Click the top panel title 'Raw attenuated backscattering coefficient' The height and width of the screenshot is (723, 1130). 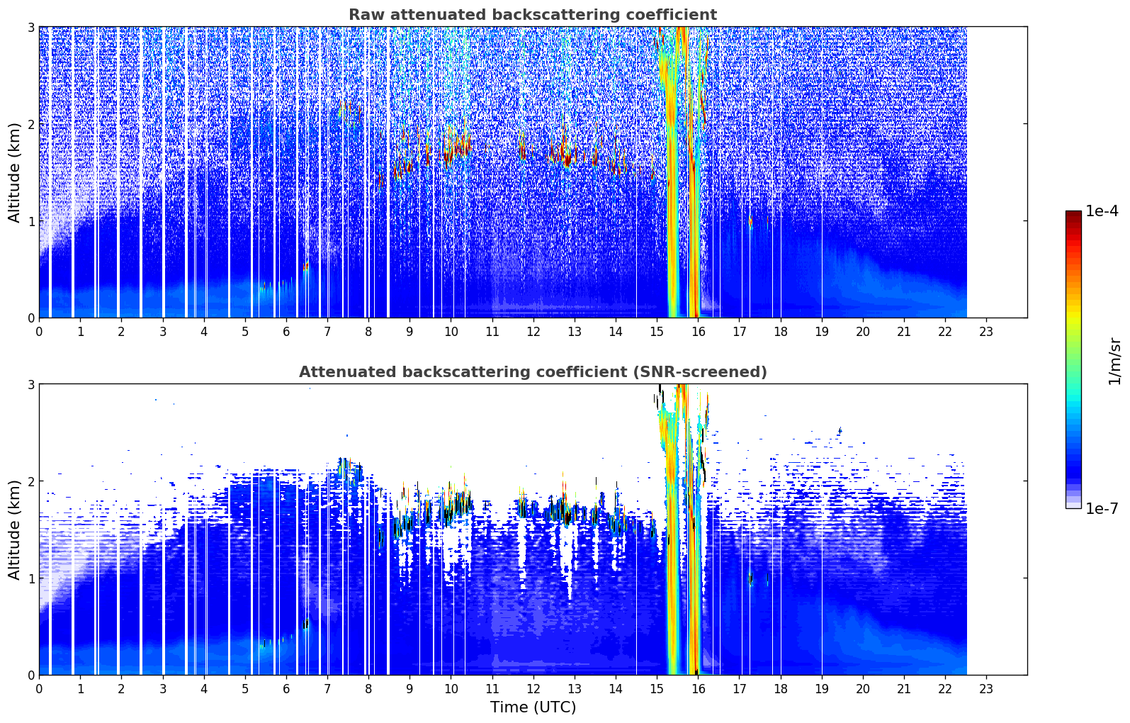[533, 15]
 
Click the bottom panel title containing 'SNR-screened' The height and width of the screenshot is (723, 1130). [533, 372]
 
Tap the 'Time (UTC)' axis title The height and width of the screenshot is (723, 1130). [533, 707]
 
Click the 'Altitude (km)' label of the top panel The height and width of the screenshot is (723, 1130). [14, 173]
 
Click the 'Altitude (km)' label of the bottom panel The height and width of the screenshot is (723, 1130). [14, 530]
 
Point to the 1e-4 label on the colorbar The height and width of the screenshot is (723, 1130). [1102, 211]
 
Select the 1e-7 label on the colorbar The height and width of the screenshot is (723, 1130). [1102, 508]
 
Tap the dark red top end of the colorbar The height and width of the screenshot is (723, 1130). [1073, 213]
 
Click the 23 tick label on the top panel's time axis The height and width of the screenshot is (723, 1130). [985, 332]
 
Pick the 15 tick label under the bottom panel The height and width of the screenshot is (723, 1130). [657, 689]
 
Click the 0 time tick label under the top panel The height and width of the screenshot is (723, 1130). [40, 332]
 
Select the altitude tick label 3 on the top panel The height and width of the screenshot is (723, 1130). [30, 27]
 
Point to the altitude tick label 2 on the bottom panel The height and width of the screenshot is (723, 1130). [30, 481]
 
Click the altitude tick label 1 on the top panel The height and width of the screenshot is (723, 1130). [30, 221]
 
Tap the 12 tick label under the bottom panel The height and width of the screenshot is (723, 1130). [533, 689]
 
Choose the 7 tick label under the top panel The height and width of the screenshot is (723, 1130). [327, 332]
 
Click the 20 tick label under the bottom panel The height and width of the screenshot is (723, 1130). [863, 689]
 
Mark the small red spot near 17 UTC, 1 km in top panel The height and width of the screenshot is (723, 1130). [751, 221]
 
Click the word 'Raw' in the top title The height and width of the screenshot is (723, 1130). [366, 15]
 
